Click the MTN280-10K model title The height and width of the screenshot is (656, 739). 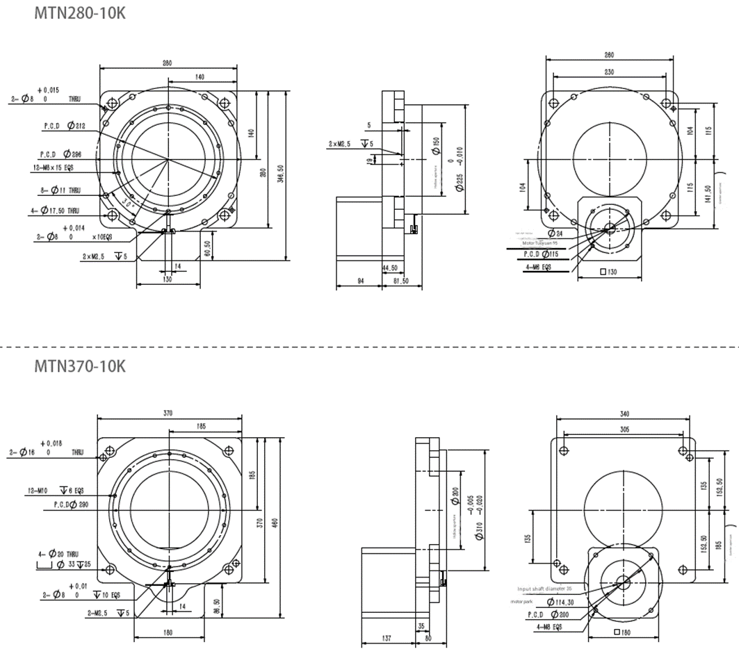coord(81,13)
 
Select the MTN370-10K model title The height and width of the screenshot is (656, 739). coord(81,366)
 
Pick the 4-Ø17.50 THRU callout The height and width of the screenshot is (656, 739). coord(55,211)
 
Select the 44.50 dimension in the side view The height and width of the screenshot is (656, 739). coord(389,268)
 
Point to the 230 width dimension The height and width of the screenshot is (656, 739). coord(609,72)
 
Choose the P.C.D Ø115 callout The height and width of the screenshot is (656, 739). coord(542,254)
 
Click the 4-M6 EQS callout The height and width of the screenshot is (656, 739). coord(537,266)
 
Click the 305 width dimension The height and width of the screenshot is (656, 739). coord(624,430)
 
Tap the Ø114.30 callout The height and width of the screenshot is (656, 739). coord(559,602)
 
